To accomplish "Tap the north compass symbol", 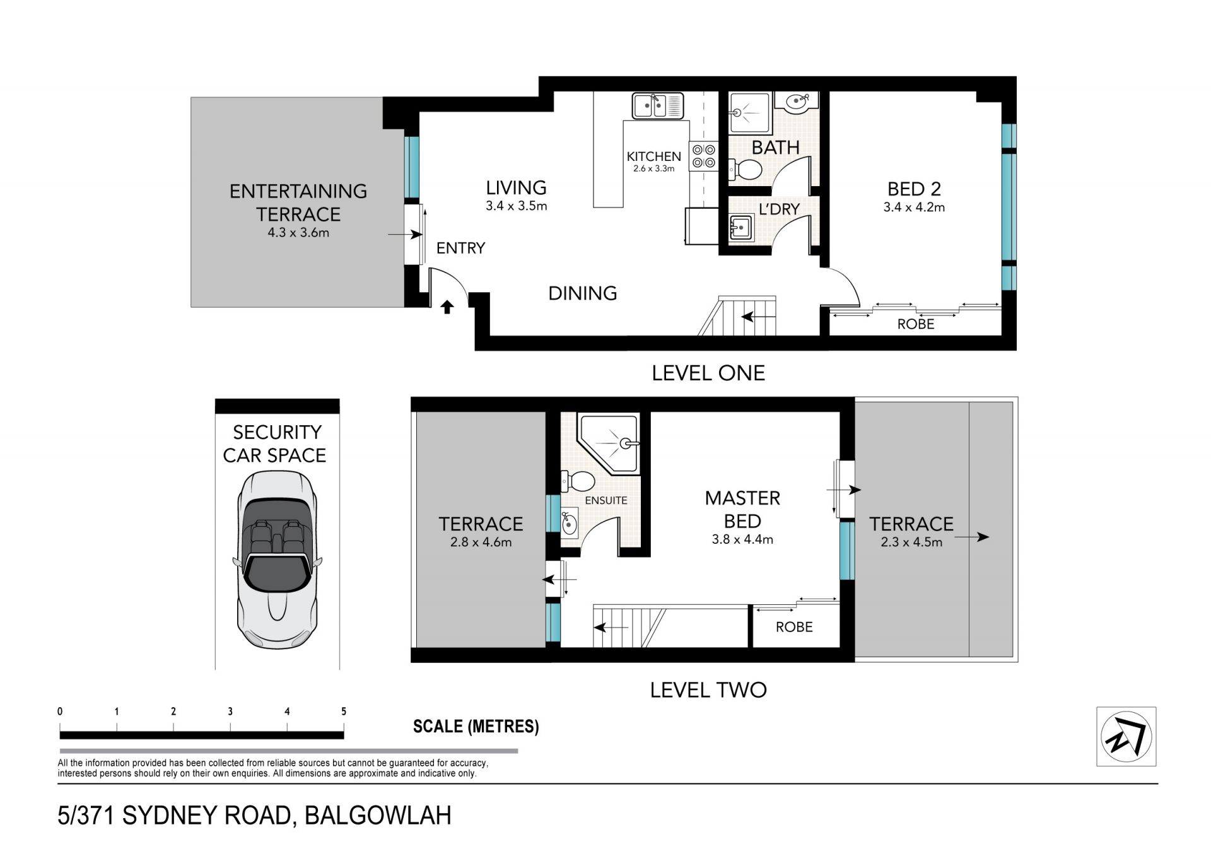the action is (x=1126, y=736).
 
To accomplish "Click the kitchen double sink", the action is (x=658, y=105).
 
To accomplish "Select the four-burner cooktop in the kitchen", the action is (x=704, y=156).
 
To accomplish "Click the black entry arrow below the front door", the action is (x=447, y=307).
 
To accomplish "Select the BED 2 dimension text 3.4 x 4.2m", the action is (x=914, y=207).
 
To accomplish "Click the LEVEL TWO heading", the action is (x=708, y=689).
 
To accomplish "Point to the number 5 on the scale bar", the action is (x=344, y=711).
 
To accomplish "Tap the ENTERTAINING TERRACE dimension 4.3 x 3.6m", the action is (x=298, y=232).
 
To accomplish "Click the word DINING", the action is (x=583, y=293).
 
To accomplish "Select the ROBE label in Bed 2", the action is (x=916, y=324).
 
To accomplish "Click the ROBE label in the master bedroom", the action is (x=794, y=626).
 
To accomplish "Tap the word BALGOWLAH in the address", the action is (x=378, y=815).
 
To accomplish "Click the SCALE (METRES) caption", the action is (x=476, y=726).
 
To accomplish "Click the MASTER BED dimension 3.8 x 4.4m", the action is (x=742, y=539).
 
